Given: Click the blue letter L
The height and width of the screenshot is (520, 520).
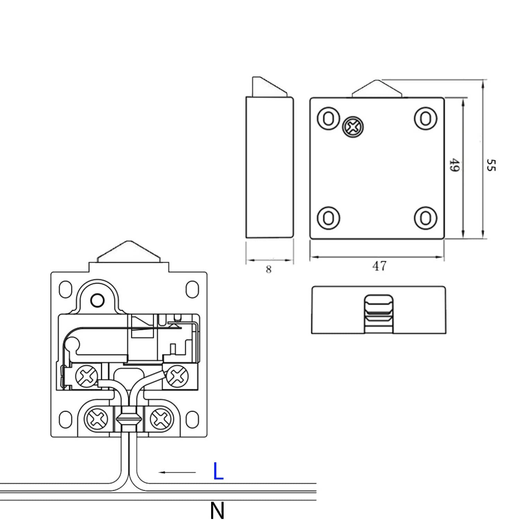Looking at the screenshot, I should pyautogui.click(x=218, y=471).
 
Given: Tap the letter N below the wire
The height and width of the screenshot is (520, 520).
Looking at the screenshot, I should pyautogui.click(x=217, y=510).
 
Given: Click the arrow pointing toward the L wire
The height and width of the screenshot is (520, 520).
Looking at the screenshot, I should pyautogui.click(x=177, y=472).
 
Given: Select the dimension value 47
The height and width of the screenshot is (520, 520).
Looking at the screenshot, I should pyautogui.click(x=379, y=266).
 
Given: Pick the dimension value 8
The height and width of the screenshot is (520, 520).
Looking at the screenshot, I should pyautogui.click(x=269, y=269).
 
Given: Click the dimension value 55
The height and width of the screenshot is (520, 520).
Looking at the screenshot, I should pyautogui.click(x=491, y=165).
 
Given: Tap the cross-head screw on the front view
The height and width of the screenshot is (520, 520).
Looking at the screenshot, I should pyautogui.click(x=353, y=127).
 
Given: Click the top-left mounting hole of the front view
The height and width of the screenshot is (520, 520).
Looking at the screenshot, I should pyautogui.click(x=328, y=119).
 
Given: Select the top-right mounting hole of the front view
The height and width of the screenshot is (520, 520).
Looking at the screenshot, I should pyautogui.click(x=425, y=119).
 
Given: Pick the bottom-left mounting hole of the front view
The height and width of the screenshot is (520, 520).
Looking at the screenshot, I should pyautogui.click(x=328, y=218).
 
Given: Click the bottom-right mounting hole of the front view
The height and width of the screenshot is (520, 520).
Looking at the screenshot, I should pyautogui.click(x=425, y=218).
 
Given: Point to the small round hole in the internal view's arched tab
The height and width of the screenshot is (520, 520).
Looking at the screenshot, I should pyautogui.click(x=97, y=300).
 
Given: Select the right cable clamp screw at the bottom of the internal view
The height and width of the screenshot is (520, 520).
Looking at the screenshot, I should pyautogui.click(x=159, y=419).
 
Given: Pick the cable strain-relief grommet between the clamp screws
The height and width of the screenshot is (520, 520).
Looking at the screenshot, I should pyautogui.click(x=128, y=419).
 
